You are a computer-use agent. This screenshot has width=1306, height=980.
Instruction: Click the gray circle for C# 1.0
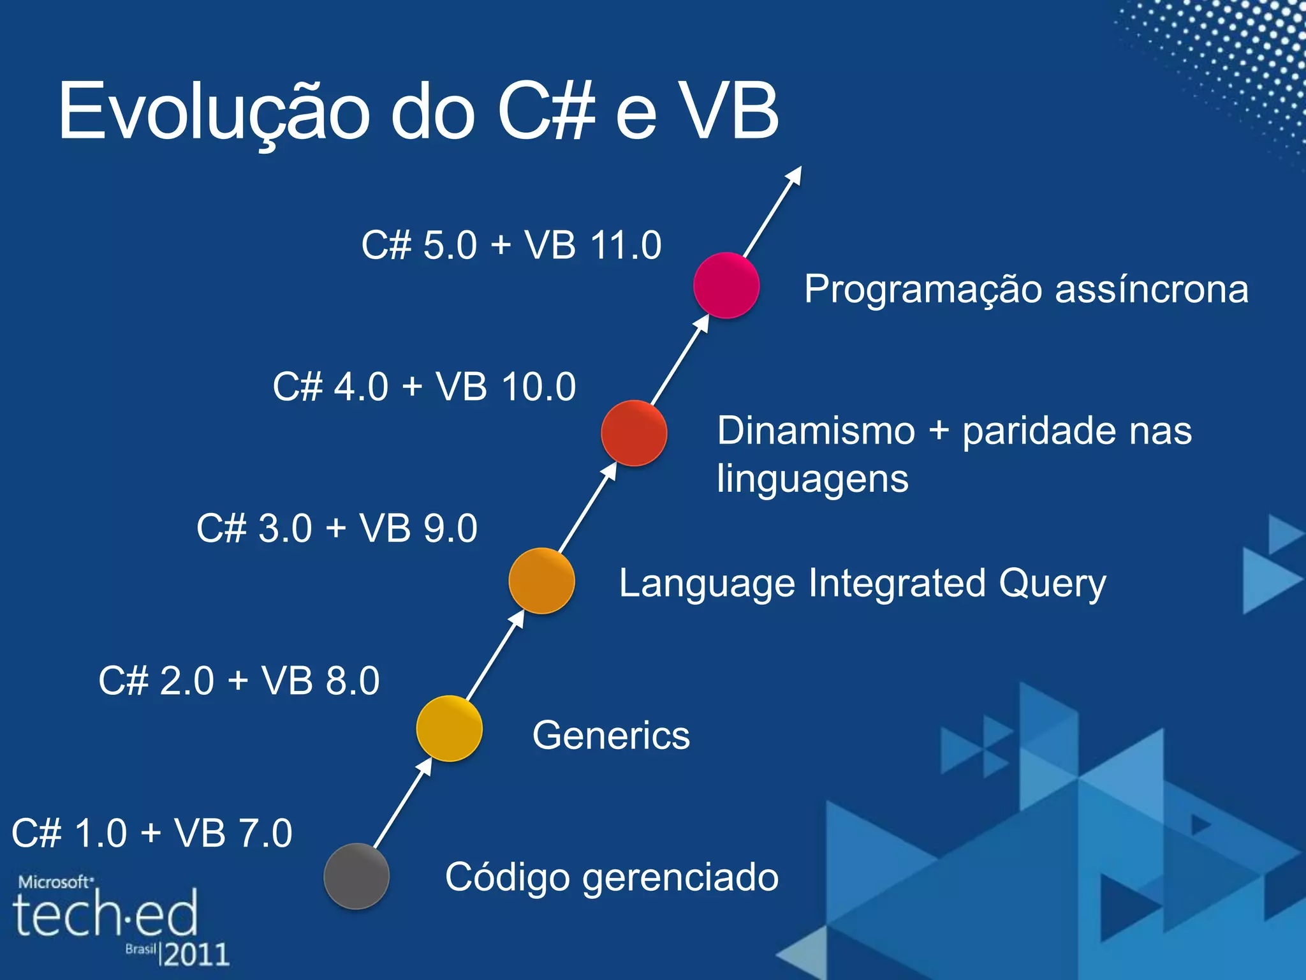click(356, 876)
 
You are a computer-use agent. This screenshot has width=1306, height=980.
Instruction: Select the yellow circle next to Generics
click(449, 728)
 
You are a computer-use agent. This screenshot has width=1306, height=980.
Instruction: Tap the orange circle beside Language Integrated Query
click(541, 581)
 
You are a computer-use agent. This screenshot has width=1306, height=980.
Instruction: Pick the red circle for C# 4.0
click(634, 433)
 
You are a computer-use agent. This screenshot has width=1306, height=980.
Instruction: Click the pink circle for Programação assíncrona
click(726, 285)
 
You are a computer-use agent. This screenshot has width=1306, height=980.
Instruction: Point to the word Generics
click(611, 735)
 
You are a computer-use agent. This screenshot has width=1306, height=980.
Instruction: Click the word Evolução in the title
click(214, 112)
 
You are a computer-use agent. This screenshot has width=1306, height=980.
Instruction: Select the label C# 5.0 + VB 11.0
click(511, 245)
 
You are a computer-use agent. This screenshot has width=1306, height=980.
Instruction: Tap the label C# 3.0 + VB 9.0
click(337, 528)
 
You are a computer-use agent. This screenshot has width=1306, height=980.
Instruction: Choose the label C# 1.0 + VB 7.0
click(152, 833)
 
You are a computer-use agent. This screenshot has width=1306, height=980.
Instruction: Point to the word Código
click(507, 878)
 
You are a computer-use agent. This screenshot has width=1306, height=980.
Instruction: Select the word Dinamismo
click(816, 431)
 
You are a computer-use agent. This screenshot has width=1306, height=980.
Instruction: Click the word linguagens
click(812, 479)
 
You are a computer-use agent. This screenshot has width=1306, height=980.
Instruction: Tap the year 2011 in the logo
click(196, 954)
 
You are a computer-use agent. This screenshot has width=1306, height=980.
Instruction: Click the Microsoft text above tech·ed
click(55, 882)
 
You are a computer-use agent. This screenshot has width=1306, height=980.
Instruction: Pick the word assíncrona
click(1151, 289)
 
